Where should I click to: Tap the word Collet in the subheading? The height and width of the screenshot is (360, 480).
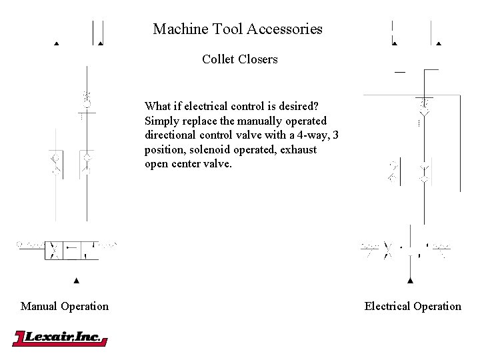coord(217,59)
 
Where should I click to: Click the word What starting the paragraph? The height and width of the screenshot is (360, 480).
coord(157,107)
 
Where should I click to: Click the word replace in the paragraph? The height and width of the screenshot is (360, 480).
coord(199,121)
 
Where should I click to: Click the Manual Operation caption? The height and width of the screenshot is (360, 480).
coord(65,307)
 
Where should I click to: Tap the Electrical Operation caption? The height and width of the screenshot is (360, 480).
coord(413,307)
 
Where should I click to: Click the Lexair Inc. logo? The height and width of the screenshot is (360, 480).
coord(60,338)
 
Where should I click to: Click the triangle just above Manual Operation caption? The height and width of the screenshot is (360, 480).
coord(76,280)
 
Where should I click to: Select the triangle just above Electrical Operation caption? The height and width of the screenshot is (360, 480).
coord(411,280)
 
